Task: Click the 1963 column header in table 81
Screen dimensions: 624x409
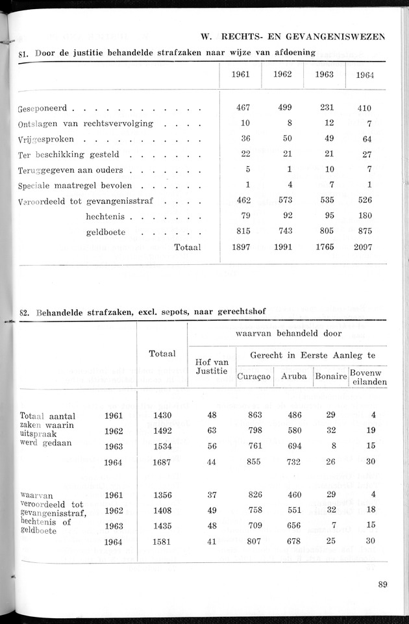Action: pyautogui.click(x=325, y=74)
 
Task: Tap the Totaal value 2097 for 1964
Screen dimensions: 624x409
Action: pyautogui.click(x=364, y=247)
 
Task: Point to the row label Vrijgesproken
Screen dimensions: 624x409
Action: pyautogui.click(x=46, y=139)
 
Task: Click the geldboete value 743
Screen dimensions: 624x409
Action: pyautogui.click(x=282, y=231)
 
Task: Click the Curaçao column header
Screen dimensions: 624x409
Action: pyautogui.click(x=254, y=377)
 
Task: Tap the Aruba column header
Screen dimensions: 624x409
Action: pyautogui.click(x=293, y=377)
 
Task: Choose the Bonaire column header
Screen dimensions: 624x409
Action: pyautogui.click(x=330, y=377)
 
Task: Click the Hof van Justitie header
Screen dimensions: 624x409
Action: pyautogui.click(x=211, y=366)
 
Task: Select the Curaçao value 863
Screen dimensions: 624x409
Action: pyautogui.click(x=254, y=414)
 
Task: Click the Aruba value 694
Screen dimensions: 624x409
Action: pyautogui.click(x=294, y=445)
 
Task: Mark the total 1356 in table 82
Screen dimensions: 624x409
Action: pyautogui.click(x=162, y=495)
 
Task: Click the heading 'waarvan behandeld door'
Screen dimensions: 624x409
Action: pyautogui.click(x=287, y=334)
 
